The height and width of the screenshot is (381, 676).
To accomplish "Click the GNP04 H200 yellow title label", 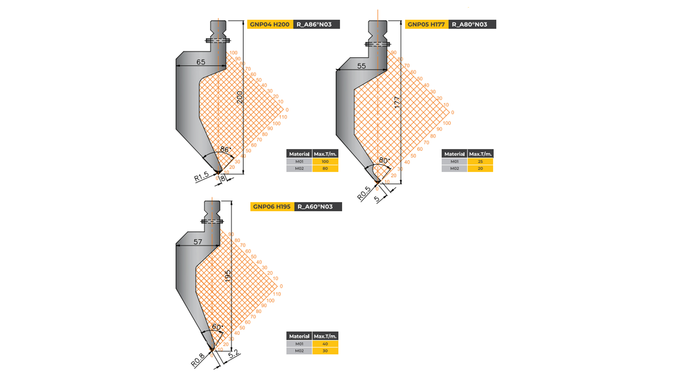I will [x=270, y=24].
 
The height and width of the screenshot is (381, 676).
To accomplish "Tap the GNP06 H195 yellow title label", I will [x=272, y=207].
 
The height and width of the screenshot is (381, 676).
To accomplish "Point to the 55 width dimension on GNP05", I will [x=361, y=66].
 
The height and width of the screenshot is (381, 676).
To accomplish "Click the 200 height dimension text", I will [x=240, y=97].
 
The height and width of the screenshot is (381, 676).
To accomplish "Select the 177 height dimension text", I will [x=397, y=102].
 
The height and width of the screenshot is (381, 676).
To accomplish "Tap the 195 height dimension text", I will [x=228, y=276].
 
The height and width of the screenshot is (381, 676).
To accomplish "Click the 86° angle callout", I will [x=225, y=149].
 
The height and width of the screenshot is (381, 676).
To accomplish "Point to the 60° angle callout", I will [x=217, y=327].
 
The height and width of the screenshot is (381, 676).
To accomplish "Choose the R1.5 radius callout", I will [x=201, y=176].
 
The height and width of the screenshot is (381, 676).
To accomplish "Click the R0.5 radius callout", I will [x=364, y=193].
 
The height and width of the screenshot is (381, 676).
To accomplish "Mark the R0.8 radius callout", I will [x=198, y=360].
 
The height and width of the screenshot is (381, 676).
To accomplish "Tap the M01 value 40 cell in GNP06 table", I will [x=325, y=344].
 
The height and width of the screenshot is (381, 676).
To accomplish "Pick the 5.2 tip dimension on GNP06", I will [x=234, y=354].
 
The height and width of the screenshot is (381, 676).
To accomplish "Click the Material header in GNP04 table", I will [x=299, y=154].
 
